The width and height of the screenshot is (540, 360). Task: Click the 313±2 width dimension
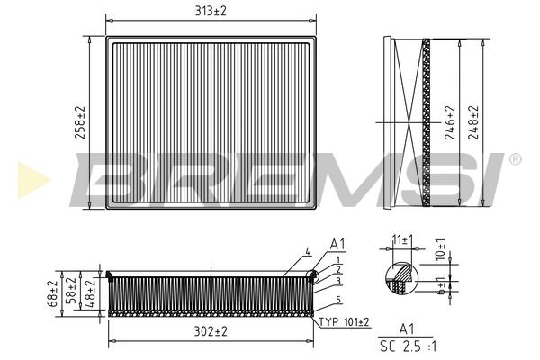click(211, 11)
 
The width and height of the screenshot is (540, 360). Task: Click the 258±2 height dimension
click(80, 122)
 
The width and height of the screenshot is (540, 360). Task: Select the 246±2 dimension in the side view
click(450, 122)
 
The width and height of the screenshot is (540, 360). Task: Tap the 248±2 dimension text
click(473, 122)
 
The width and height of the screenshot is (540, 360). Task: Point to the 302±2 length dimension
click(211, 331)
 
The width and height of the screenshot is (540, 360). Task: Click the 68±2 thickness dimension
click(52, 294)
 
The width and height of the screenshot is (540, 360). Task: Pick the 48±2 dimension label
click(90, 293)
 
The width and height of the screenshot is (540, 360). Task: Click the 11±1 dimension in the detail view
click(402, 239)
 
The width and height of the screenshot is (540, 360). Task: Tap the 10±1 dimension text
click(440, 249)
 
